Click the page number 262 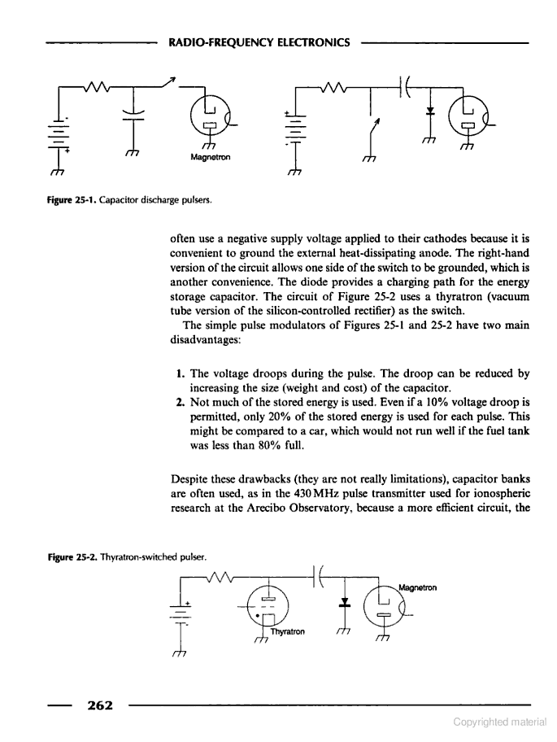94,705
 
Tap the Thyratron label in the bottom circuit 289,631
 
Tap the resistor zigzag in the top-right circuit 333,84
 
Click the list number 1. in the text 181,373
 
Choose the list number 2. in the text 181,403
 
